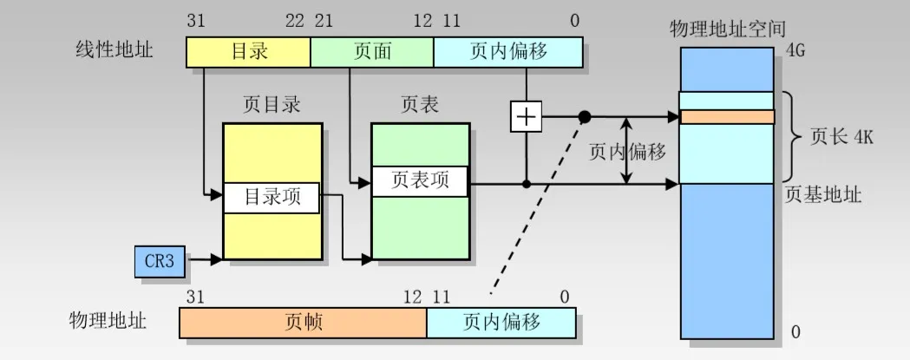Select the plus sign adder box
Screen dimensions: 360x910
526,116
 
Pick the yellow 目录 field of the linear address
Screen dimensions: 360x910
249,52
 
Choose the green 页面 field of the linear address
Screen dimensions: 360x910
372,52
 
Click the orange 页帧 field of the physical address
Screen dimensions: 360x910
303,323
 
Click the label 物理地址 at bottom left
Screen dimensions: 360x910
108,321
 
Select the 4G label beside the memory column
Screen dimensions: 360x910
796,51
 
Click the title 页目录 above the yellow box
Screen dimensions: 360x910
272,105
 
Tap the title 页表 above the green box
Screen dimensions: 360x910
420,105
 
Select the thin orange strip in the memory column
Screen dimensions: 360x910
727,116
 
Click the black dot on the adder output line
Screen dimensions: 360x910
585,116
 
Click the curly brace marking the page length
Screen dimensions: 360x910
792,137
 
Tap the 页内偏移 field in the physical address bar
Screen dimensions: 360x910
501,323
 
